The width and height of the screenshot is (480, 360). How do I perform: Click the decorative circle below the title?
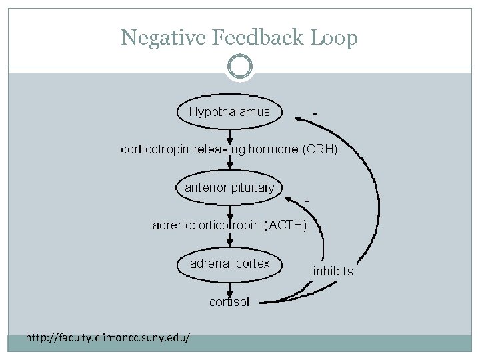coord(240,67)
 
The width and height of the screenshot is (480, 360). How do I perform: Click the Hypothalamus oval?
coord(229,112)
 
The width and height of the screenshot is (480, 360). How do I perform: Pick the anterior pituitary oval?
coord(229,187)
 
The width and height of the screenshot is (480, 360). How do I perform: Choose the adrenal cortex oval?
coord(229,263)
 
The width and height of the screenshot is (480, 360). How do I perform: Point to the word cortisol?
coord(229,302)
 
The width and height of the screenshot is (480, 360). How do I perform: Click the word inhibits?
coord(333,271)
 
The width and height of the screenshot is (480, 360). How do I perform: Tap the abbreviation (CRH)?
coord(320,149)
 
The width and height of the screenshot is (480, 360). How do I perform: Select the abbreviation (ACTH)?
coord(286,225)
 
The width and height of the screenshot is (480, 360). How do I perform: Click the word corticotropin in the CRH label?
coord(155,149)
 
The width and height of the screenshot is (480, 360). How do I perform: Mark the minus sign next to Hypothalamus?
coord(314,113)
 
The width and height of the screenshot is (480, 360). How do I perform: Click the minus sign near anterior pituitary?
coord(307,200)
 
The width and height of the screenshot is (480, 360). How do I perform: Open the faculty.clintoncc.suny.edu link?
coord(107,339)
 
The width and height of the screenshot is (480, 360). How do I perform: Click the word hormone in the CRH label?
coord(273,149)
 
